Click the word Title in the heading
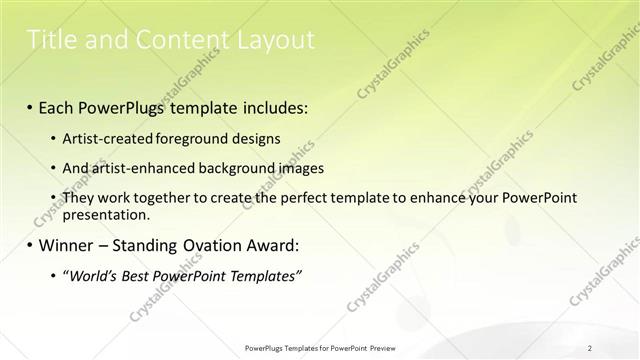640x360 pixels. pos(50,40)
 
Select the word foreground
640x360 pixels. pos(195,138)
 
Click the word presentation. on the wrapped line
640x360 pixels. pos(106,214)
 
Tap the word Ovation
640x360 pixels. pos(213,245)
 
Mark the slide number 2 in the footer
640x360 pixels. pos(590,348)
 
